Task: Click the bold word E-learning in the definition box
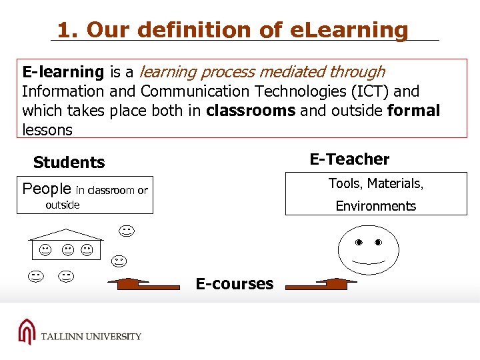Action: click(x=63, y=72)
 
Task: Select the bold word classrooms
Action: click(x=251, y=111)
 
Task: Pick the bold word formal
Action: click(x=413, y=111)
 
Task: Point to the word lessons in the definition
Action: click(x=47, y=130)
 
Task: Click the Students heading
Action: click(x=69, y=163)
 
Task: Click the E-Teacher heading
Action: click(x=349, y=159)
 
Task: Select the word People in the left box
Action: click(x=46, y=189)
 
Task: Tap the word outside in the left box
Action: click(x=62, y=205)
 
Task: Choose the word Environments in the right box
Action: click(x=375, y=206)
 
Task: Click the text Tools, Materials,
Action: click(x=375, y=183)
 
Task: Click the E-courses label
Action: click(x=234, y=284)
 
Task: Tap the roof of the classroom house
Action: click(x=65, y=233)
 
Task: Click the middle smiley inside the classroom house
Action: click(x=67, y=250)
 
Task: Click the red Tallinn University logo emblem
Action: click(x=27, y=332)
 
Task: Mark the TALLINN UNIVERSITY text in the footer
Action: click(x=91, y=337)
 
